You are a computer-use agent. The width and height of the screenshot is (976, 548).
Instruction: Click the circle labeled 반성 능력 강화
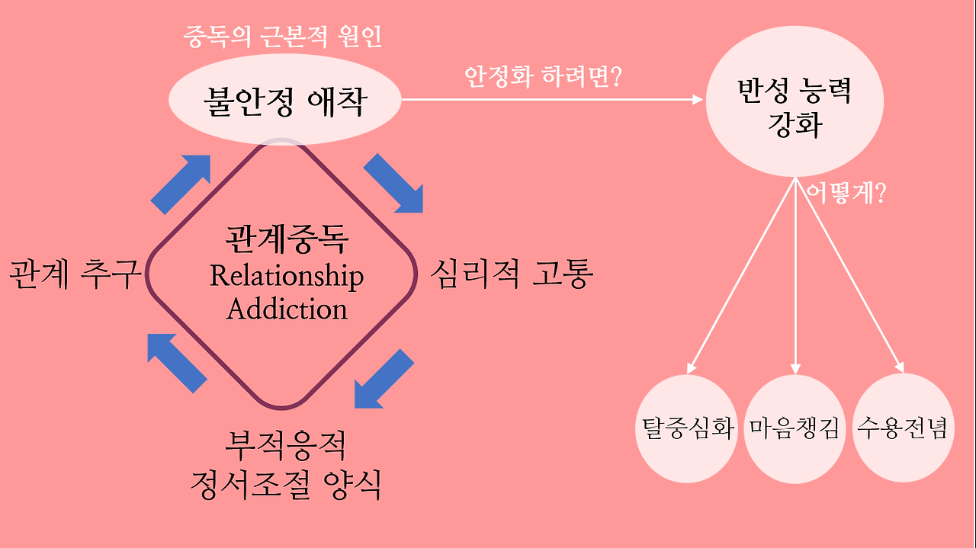coord(795,107)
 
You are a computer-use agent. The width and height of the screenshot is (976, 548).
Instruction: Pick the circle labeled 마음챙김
coord(794,428)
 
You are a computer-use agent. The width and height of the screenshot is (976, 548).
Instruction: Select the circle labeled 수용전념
coord(903,428)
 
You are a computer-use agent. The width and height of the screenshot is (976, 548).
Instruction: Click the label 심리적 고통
coord(511,274)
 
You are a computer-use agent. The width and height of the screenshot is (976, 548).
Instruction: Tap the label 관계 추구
coord(75,274)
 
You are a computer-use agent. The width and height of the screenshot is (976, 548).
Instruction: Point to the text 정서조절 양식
coord(287,484)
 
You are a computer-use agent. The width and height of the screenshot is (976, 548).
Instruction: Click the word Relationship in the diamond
coord(287,276)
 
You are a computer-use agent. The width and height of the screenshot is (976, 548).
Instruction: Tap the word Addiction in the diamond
coord(287,309)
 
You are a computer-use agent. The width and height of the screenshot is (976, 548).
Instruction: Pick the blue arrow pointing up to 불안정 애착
coord(181,183)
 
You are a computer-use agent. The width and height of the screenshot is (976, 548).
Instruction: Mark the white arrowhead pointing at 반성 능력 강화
coord(696,100)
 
